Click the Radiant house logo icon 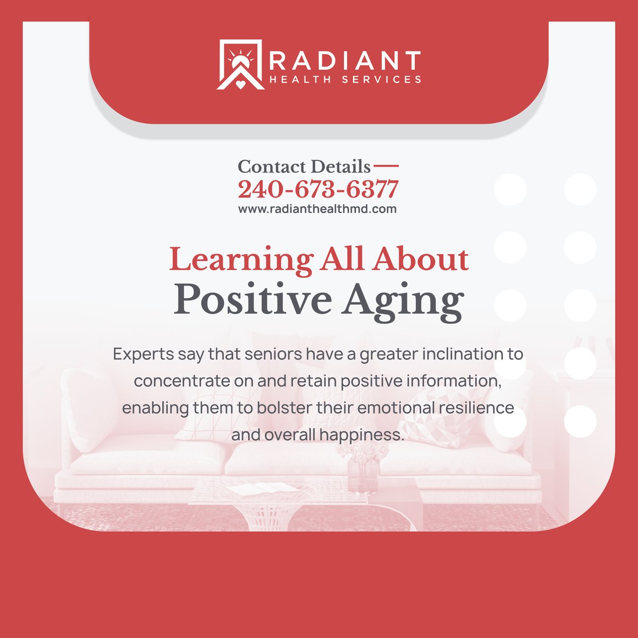240,64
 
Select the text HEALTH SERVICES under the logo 345,80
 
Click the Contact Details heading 304,167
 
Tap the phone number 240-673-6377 318,189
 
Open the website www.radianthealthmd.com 317,209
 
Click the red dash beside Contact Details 387,166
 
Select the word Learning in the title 241,261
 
